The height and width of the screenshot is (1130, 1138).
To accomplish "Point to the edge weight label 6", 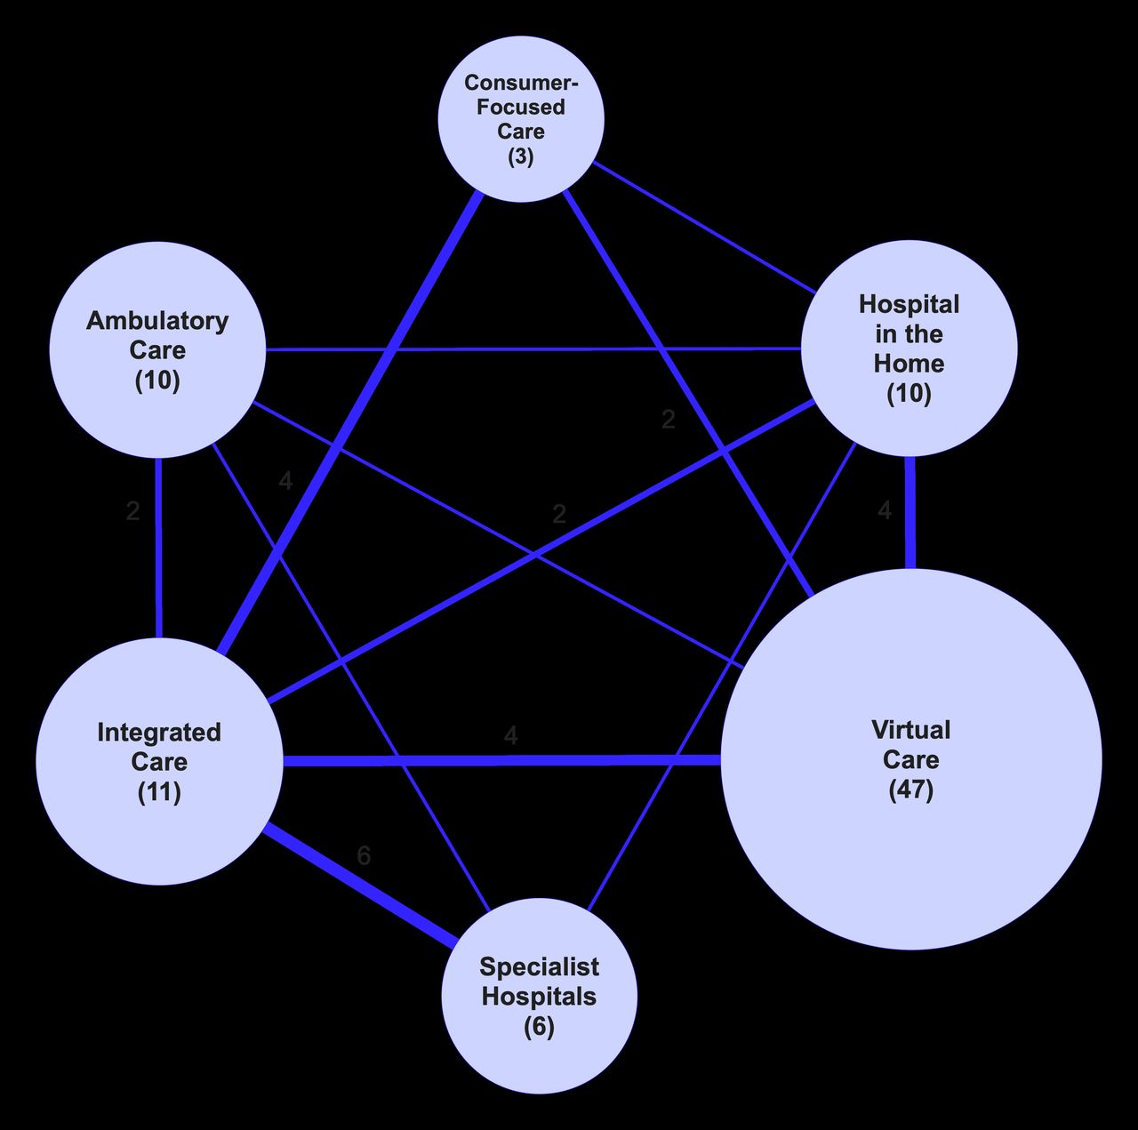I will pyautogui.click(x=364, y=855).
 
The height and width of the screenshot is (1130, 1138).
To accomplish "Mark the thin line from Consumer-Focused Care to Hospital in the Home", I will pyautogui.click(x=702, y=227).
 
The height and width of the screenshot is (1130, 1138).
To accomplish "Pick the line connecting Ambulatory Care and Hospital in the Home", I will pyautogui.click(x=533, y=349).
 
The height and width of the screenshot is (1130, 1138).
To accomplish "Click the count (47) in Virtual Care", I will pyautogui.click(x=911, y=789).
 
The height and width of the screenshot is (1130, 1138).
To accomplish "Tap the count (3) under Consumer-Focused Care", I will pyautogui.click(x=521, y=156).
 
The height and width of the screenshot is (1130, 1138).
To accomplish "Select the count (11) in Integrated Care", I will pyautogui.click(x=159, y=791).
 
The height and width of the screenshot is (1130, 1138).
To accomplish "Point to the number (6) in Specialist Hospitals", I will pyautogui.click(x=539, y=1027).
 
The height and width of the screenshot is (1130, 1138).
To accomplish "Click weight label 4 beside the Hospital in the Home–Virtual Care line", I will pyautogui.click(x=884, y=510).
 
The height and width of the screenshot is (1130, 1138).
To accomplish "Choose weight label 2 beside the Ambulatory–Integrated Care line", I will pyautogui.click(x=132, y=511).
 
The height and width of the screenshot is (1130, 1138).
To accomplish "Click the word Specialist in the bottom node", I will pyautogui.click(x=539, y=966).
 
